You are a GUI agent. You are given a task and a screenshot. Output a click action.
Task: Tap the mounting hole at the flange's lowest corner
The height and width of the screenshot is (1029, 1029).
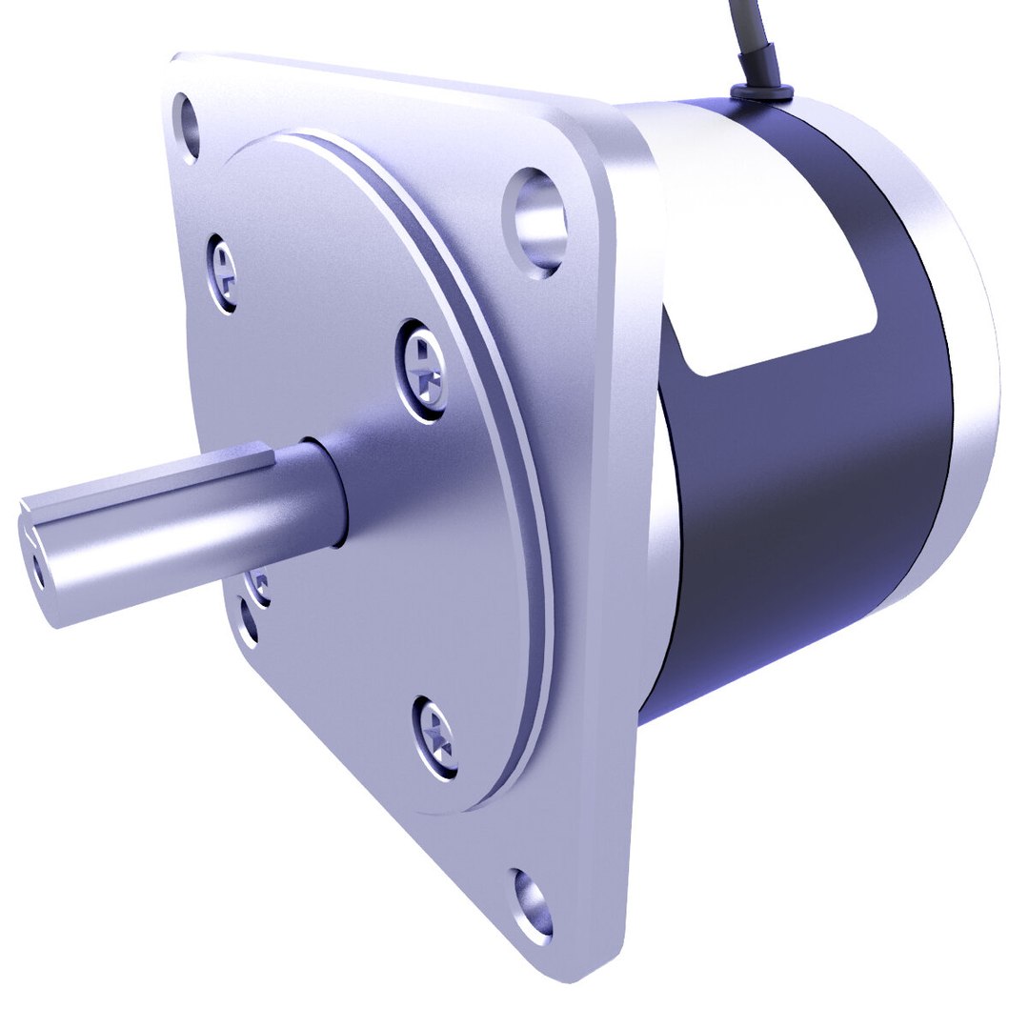click(x=534, y=901)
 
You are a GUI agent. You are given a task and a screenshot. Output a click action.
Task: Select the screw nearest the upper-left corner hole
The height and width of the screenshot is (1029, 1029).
click(x=222, y=272)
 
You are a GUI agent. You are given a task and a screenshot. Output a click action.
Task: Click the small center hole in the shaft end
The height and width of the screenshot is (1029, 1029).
click(x=37, y=570)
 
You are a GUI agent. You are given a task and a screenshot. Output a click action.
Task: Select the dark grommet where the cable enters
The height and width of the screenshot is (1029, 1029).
click(x=760, y=91)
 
